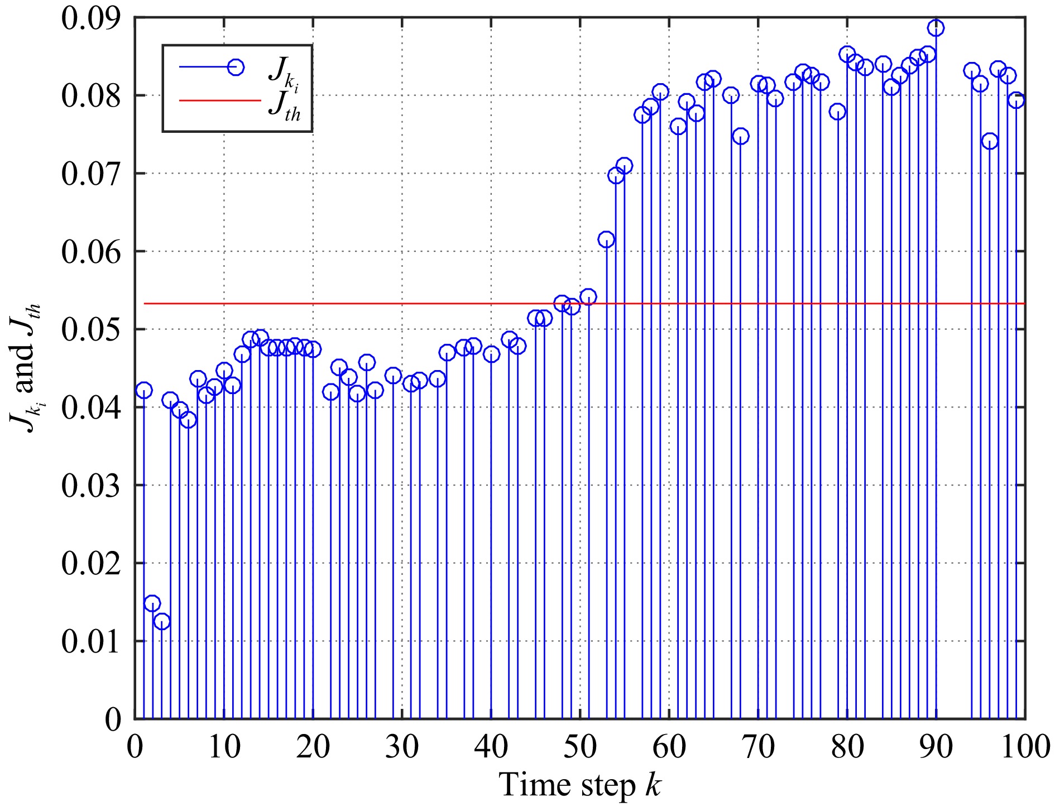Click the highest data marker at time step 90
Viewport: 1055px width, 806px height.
936,27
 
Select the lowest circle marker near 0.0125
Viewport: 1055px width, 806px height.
161,621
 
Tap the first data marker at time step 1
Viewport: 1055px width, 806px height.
144,390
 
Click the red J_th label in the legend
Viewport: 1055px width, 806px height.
285,106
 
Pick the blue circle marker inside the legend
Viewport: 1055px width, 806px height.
236,67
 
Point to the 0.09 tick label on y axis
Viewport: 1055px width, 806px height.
92,18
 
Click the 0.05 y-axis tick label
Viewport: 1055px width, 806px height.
92,329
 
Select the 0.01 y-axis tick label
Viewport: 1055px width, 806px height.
92,641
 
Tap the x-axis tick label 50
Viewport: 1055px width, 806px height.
580,746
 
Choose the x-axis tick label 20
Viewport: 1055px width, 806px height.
313,746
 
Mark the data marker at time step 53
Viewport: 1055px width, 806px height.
606,239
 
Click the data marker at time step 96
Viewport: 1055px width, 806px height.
990,141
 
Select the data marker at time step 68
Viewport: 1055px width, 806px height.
740,136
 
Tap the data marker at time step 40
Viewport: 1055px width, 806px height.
491,354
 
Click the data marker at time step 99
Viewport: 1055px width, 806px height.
1016,100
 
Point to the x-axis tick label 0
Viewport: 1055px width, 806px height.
135,746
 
